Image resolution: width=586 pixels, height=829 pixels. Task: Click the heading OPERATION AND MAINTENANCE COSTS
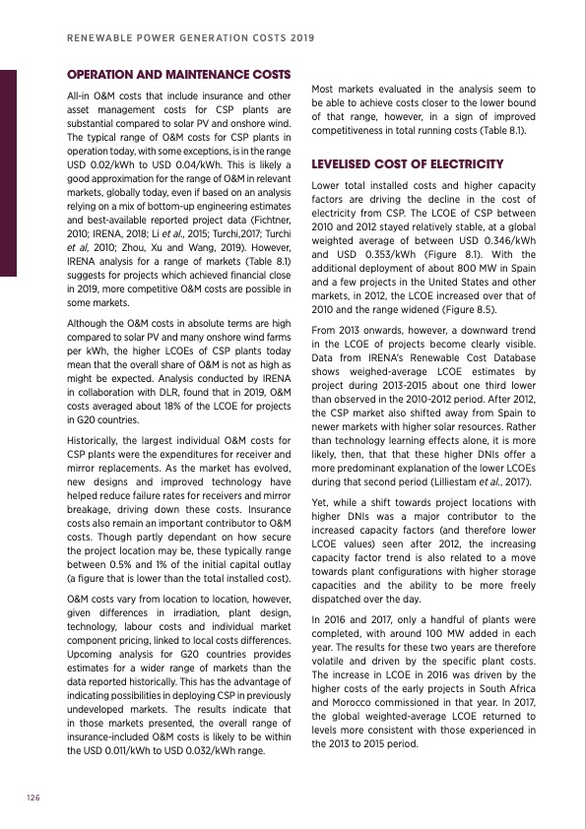[x=178, y=74]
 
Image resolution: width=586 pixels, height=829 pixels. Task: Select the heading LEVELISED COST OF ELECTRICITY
[x=407, y=163]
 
